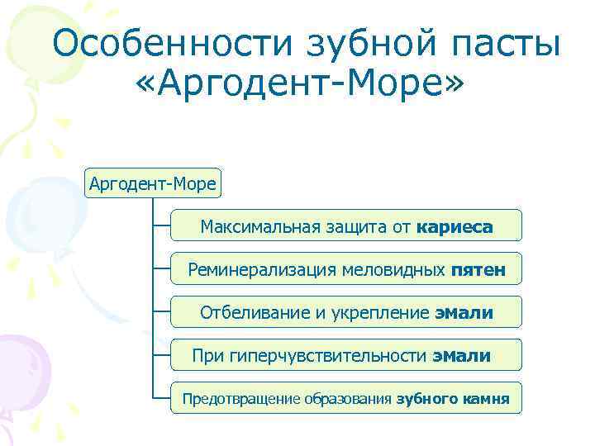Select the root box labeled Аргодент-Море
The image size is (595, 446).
click(x=153, y=183)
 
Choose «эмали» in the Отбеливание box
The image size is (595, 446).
click(x=464, y=313)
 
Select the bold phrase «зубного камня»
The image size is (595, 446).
click(x=453, y=400)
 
